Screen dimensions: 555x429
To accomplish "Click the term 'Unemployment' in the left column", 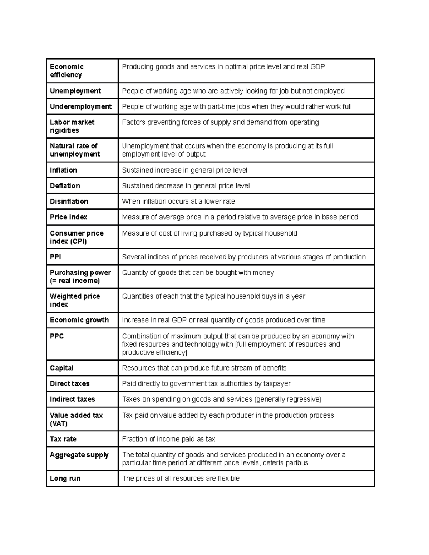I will pos(75,91).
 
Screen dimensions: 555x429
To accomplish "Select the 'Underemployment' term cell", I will pos(81,106).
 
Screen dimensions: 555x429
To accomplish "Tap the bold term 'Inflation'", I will pos(63,170).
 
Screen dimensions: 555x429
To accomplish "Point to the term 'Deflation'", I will pos(65,186).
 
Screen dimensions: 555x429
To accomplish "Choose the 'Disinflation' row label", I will pos(69,201).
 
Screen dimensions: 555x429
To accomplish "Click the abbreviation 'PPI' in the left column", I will pos(55,257).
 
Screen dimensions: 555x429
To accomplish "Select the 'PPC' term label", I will pos(57,336).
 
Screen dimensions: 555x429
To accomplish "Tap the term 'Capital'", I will pos(61,368).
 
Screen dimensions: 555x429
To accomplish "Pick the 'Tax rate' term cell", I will pos(63,439).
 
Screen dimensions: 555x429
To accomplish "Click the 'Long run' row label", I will pos(65,478).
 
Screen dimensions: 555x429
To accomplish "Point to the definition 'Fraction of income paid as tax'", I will pos(168,439).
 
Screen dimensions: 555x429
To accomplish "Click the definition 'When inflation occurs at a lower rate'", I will pos(178,201).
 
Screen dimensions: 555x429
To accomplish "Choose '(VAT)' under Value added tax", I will pos(59,423).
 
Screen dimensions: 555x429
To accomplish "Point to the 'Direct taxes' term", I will pos(70,383).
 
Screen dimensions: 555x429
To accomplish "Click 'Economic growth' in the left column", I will pos(79,320).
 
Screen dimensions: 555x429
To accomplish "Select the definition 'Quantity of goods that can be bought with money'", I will pos(198,273).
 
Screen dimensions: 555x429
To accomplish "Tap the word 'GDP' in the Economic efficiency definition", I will pos(317,67).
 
